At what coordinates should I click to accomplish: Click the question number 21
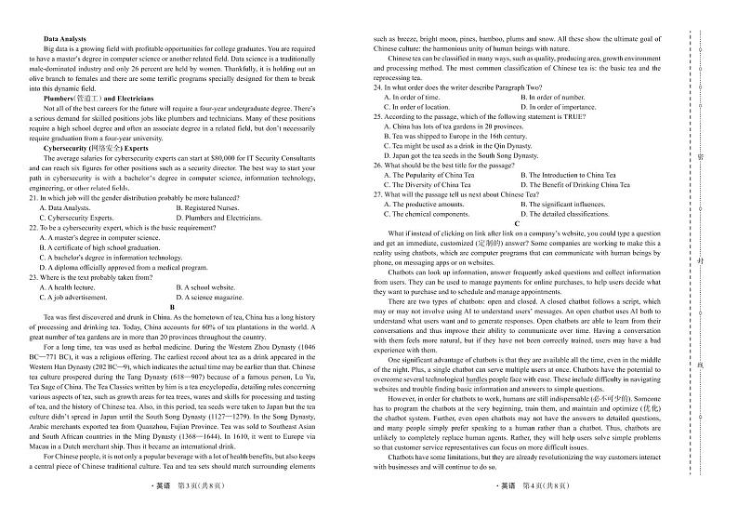tap(33, 197)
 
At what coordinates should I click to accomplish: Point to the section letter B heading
tap(172, 307)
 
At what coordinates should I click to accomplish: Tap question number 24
tap(378, 86)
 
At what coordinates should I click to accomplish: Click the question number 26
tap(378, 165)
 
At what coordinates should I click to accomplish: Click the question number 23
tap(33, 277)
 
